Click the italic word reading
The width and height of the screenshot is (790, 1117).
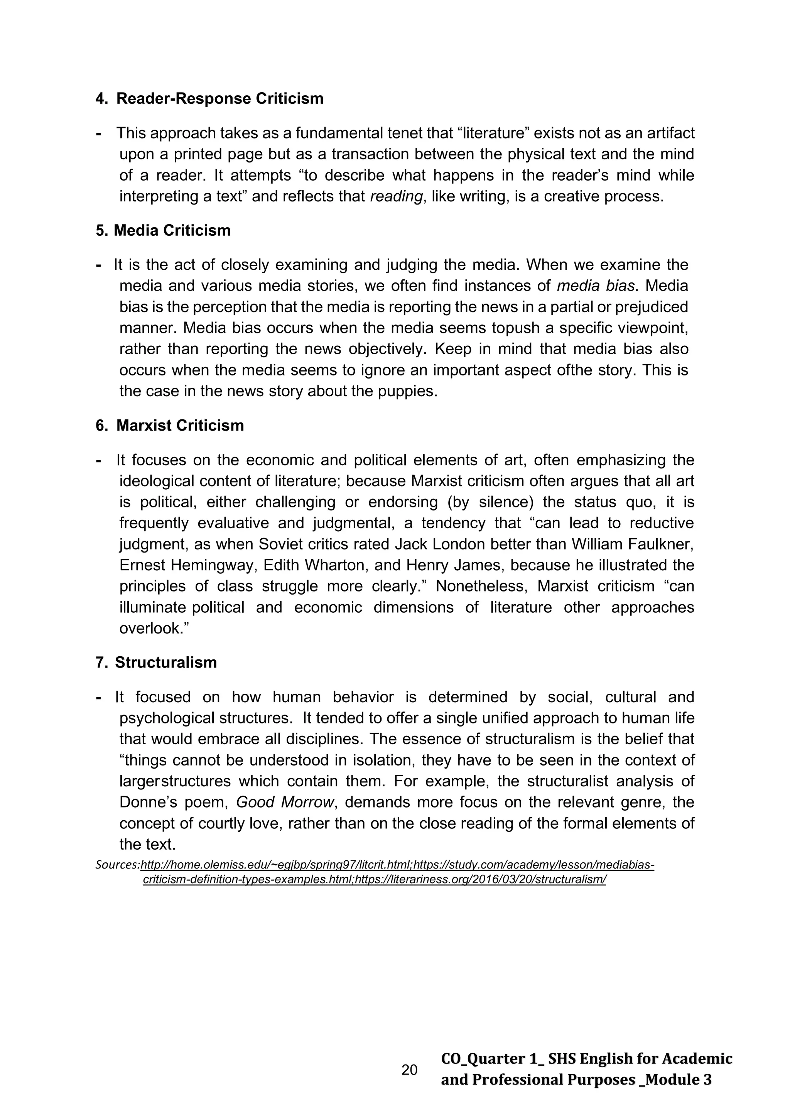(396, 196)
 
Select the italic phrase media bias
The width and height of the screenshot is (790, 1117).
(596, 286)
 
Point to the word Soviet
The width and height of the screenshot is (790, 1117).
(282, 544)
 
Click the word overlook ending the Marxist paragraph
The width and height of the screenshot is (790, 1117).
(150, 629)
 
